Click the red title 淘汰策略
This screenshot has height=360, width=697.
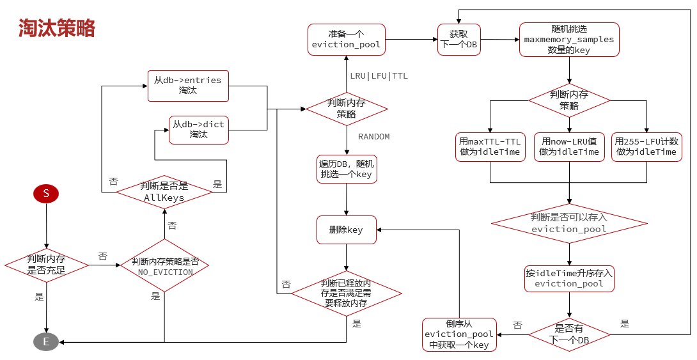pyautogui.click(x=57, y=28)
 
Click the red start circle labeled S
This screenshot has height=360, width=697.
pyautogui.click(x=46, y=193)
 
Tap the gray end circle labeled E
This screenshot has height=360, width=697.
pyautogui.click(x=46, y=342)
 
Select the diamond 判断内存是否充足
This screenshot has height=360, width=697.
pyautogui.click(x=46, y=264)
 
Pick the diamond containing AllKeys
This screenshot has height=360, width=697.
pyautogui.click(x=164, y=192)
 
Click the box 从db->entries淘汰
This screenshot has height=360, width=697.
pyautogui.click(x=188, y=86)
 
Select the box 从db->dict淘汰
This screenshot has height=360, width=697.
pyautogui.click(x=198, y=130)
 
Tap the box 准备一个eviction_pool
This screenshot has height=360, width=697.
pyautogui.click(x=346, y=40)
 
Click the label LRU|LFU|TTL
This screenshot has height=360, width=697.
pyautogui.click(x=379, y=76)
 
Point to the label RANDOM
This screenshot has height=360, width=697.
pyautogui.click(x=373, y=137)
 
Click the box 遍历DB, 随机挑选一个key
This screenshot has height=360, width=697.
pyautogui.click(x=346, y=169)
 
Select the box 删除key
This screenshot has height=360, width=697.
pyautogui.click(x=346, y=230)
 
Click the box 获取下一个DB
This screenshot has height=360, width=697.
pyautogui.click(x=458, y=40)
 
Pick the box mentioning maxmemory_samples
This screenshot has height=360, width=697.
pyautogui.click(x=569, y=40)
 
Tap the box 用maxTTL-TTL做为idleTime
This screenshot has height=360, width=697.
pyautogui.click(x=490, y=146)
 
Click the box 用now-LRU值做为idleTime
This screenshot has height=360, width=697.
pyautogui.click(x=569, y=146)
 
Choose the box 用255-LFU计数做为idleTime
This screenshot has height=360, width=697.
pyautogui.click(x=647, y=146)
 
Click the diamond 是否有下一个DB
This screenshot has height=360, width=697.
pyautogui.click(x=569, y=334)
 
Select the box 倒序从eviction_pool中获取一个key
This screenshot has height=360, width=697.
pyautogui.click(x=458, y=334)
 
